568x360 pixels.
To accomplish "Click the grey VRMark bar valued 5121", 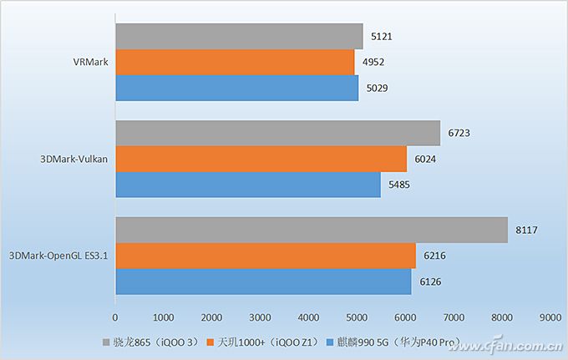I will click(239, 37).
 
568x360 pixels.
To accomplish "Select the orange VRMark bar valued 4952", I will click(235, 63).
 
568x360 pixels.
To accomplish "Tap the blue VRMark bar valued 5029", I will click(236, 88).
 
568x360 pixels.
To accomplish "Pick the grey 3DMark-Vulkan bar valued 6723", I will click(277, 133).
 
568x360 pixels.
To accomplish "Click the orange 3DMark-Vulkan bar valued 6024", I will click(261, 159).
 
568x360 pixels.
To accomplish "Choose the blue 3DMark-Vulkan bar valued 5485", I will click(247, 184).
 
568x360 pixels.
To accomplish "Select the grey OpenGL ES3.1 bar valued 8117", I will click(311, 230).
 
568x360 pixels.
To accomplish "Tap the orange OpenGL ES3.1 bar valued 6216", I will click(266, 256).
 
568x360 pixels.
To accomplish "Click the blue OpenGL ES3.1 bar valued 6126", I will click(263, 281).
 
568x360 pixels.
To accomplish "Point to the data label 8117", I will click(527, 230).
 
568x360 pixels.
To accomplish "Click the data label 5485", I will click(399, 184).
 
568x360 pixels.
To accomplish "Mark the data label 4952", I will click(373, 63).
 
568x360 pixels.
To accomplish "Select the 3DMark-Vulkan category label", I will click(75, 159).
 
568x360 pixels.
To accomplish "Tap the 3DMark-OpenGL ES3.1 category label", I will click(58, 256).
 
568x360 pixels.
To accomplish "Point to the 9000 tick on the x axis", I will click(550, 317).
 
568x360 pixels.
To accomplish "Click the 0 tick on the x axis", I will click(115, 317).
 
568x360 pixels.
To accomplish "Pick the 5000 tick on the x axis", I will click(357, 317).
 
